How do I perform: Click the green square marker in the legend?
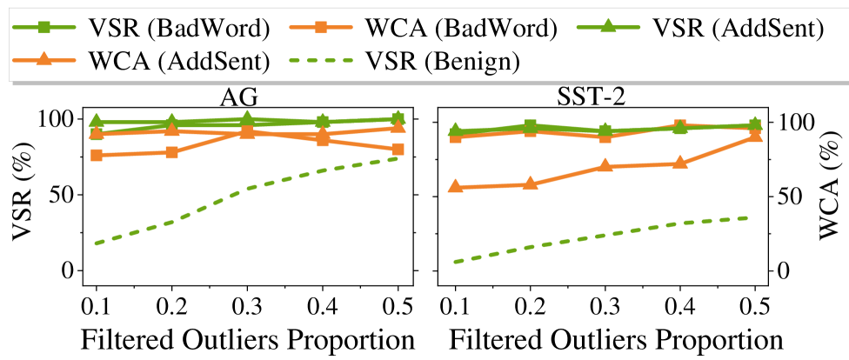click(x=44, y=27)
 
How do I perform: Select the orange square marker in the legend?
click(x=321, y=27)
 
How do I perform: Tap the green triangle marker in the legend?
click(x=608, y=26)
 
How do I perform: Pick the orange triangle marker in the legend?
click(x=44, y=59)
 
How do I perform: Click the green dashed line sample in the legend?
click(x=321, y=60)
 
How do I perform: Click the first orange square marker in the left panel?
click(x=97, y=155)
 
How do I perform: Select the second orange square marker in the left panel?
click(x=172, y=152)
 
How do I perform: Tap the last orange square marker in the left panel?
click(x=398, y=149)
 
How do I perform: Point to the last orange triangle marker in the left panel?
click(x=398, y=127)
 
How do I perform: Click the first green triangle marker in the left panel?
click(x=97, y=121)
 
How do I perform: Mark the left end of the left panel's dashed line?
click(x=96, y=243)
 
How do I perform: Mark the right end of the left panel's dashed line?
click(x=398, y=158)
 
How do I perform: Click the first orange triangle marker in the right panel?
click(x=455, y=186)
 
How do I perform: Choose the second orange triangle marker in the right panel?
click(x=531, y=183)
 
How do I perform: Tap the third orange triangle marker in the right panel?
click(x=605, y=165)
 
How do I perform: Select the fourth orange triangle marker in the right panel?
click(x=680, y=163)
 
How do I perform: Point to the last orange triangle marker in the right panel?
click(x=755, y=135)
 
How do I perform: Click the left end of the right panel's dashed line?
click(x=455, y=261)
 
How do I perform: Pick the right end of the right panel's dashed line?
click(x=746, y=217)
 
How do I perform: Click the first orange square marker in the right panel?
click(x=455, y=137)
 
